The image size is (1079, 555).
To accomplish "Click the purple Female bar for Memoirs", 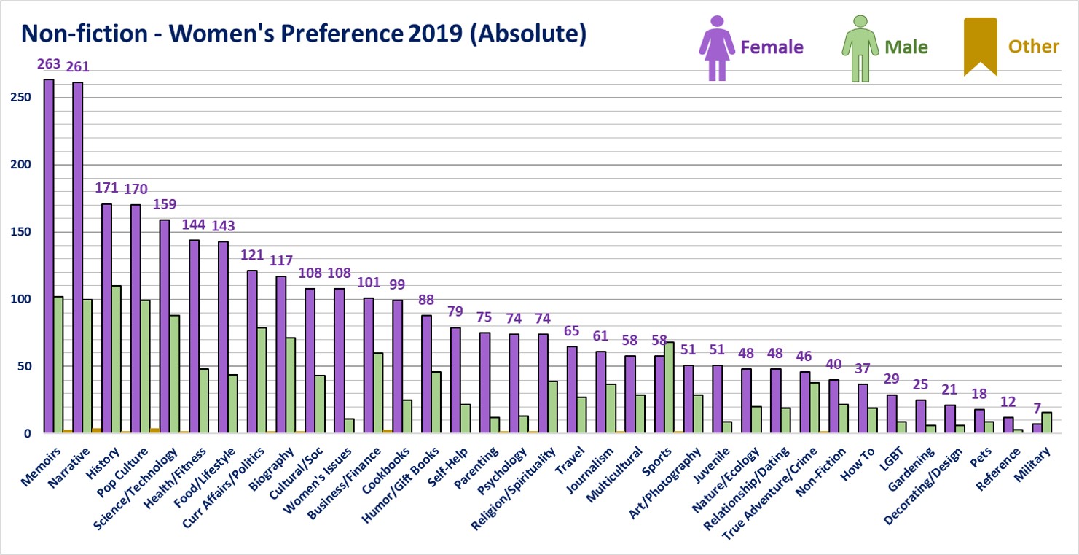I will click(x=48, y=255).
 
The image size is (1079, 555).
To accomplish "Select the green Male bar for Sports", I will click(x=669, y=387).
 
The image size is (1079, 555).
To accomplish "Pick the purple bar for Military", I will click(x=1037, y=428).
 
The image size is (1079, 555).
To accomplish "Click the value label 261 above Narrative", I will click(x=78, y=66).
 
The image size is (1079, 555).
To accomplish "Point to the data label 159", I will click(x=165, y=204).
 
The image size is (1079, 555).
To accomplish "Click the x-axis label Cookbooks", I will click(x=386, y=467).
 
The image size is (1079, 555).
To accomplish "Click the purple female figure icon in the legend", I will click(x=717, y=47).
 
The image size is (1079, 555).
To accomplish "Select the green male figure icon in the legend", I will click(x=860, y=47).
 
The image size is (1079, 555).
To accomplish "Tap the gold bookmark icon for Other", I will click(x=980, y=46).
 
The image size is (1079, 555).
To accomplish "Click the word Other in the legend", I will click(x=1033, y=47).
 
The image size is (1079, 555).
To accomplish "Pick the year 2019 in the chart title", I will click(x=433, y=34).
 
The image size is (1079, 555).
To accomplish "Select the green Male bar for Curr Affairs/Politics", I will click(x=262, y=380).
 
